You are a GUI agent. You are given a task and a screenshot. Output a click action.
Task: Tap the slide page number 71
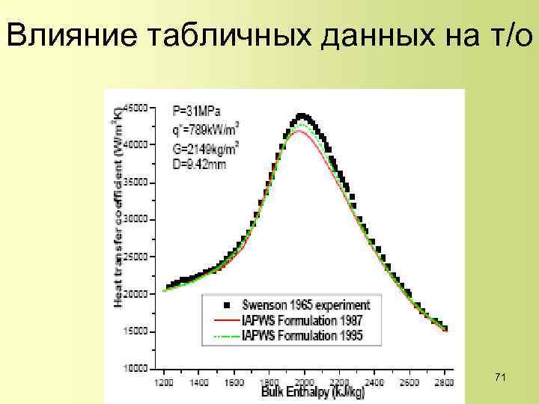tap(501, 379)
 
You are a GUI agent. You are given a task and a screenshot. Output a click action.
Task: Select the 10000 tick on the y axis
tap(135, 368)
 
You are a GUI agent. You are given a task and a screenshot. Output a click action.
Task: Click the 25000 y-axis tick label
tap(135, 256)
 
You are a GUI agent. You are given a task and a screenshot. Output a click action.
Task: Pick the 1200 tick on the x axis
tap(162, 382)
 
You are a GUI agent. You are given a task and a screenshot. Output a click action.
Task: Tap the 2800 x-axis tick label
tap(445, 382)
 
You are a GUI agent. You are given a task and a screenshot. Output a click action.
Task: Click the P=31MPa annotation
tap(193, 111)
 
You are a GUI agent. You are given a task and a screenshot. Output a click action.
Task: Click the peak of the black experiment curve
tap(301, 116)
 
